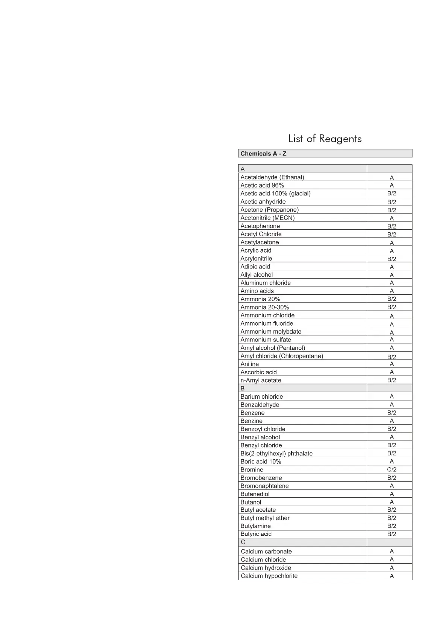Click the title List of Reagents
click(325, 139)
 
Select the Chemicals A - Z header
click(263, 154)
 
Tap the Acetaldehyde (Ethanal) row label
click(272, 177)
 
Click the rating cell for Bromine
click(392, 469)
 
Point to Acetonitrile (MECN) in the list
click(267, 218)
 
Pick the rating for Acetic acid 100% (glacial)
click(392, 194)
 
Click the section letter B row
click(243, 388)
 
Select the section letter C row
click(243, 542)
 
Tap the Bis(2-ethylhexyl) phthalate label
click(276, 453)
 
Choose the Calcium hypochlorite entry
click(269, 576)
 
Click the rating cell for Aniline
click(392, 364)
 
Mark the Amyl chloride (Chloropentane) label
click(282, 356)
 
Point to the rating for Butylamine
click(392, 526)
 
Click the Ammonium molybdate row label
click(271, 332)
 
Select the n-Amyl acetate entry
click(261, 380)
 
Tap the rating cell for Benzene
click(392, 413)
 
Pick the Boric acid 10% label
click(261, 462)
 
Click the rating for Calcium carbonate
click(392, 551)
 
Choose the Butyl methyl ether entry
click(265, 518)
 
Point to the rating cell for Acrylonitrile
click(392, 259)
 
